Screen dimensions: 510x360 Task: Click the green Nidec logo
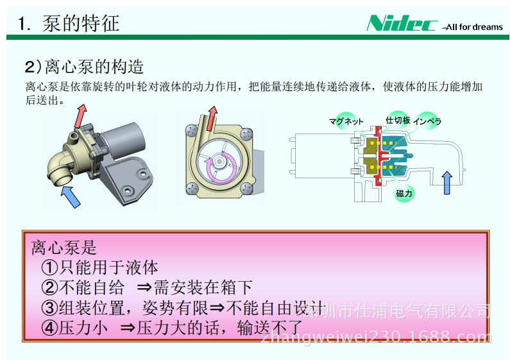[x=402, y=23]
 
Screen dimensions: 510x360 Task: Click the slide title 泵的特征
[x=81, y=24]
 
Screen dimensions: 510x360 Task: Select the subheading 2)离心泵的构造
[x=84, y=67]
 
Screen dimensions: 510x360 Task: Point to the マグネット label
[x=346, y=122]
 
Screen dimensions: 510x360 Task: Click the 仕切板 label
[x=398, y=120]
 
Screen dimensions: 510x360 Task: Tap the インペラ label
[x=427, y=121]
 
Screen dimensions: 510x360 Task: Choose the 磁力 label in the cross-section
[x=404, y=193]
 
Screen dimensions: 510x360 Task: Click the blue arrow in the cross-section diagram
[x=447, y=183]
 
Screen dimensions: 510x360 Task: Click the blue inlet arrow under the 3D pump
[x=71, y=196]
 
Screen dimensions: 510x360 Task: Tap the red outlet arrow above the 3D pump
[x=80, y=116]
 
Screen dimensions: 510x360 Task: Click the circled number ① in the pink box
[x=49, y=268]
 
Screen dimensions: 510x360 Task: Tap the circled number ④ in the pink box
[x=49, y=328]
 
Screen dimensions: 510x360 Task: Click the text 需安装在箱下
[x=203, y=287]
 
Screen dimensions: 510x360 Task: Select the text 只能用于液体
[x=108, y=268]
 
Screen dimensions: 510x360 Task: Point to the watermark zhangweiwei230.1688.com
[x=377, y=336]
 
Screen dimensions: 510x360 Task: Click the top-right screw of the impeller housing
[x=247, y=133]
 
